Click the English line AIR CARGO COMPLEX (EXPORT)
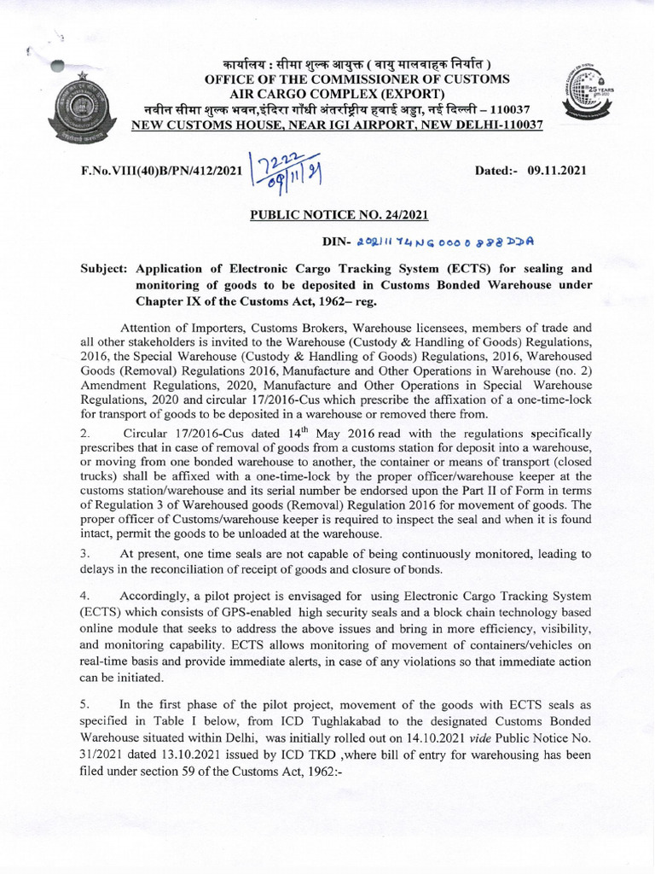pyautogui.click(x=337, y=93)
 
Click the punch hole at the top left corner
pyautogui.click(x=57, y=67)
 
